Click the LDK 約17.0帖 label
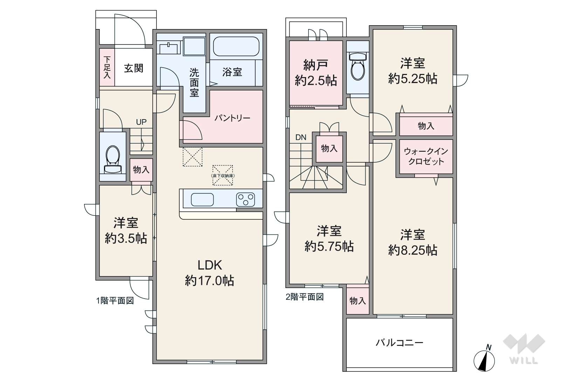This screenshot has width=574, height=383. click(209, 273)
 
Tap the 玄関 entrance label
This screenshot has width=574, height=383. click(133, 68)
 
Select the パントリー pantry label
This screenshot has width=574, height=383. click(232, 118)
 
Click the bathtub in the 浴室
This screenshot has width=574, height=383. click(236, 46)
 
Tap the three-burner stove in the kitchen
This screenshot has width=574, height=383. click(245, 200)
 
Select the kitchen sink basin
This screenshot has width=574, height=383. click(202, 200)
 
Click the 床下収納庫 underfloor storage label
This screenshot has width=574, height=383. click(223, 175)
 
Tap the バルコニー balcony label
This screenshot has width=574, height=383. click(399, 342)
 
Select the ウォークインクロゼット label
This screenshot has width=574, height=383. click(426, 156)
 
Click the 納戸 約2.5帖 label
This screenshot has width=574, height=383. click(316, 73)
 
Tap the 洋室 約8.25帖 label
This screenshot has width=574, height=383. click(413, 242)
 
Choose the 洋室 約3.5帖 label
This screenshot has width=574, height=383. click(126, 231)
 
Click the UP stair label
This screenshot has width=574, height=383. click(141, 122)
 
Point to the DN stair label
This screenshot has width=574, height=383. click(300, 137)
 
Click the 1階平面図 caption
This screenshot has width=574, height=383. click(115, 300)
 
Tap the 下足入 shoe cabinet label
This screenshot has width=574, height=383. click(107, 68)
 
